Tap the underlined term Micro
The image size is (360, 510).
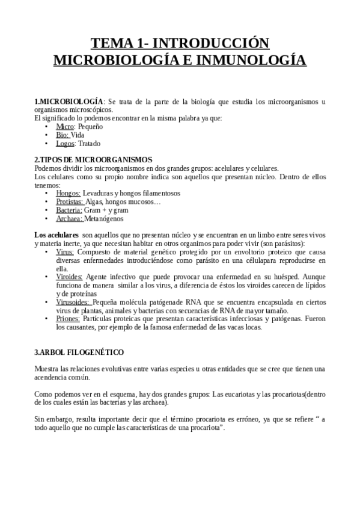pyautogui.click(x=65, y=127)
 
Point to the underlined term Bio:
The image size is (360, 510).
pyautogui.click(x=63, y=135)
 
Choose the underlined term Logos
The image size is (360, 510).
pyautogui.click(x=66, y=144)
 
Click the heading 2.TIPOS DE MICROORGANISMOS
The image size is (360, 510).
pyautogui.click(x=93, y=160)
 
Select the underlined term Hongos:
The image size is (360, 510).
pyautogui.click(x=68, y=193)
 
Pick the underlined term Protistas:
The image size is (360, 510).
pyautogui.click(x=70, y=202)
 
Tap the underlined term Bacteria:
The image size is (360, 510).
pyautogui.click(x=69, y=210)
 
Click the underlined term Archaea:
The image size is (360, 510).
pyautogui.click(x=69, y=219)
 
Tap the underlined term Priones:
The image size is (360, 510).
pyautogui.click(x=69, y=318)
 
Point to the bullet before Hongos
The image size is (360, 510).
pyautogui.click(x=47, y=193)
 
